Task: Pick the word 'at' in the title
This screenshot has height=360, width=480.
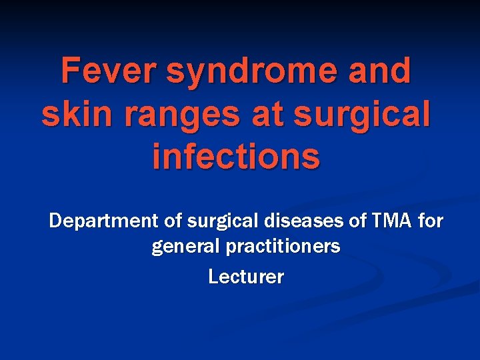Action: pyautogui.click(x=273, y=115)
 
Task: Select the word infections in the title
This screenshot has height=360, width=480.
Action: pyautogui.click(x=236, y=157)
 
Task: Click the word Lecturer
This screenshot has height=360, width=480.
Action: pyautogui.click(x=246, y=276)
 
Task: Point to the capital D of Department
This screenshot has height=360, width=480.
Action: pyautogui.click(x=55, y=220)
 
